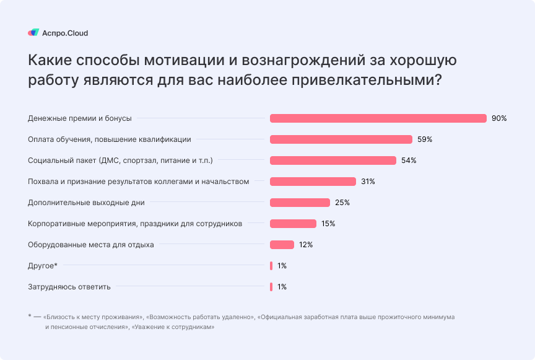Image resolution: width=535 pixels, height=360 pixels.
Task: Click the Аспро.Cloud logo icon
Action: pos(33,33)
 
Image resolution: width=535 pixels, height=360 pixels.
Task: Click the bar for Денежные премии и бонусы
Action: pos(378,118)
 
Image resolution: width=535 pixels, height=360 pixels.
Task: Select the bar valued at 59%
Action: pos(341,139)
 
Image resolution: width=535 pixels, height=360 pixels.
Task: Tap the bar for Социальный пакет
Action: pos(333,160)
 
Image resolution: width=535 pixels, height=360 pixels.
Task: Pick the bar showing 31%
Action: pos(313,182)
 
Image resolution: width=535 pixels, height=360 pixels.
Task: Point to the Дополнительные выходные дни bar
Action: pos(300,203)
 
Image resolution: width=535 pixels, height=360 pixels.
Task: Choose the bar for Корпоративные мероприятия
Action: pos(293,224)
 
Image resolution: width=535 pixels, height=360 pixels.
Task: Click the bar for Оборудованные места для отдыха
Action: pos(282,245)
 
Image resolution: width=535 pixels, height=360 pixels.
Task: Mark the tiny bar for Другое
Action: pos(271,266)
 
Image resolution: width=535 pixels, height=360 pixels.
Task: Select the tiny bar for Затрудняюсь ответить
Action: pos(271,287)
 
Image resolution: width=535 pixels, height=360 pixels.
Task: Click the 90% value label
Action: pos(499,118)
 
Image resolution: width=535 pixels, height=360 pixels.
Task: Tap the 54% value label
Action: pos(409,160)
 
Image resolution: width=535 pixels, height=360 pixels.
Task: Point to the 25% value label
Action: pos(342,203)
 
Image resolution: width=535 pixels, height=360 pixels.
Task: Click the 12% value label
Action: pos(306,245)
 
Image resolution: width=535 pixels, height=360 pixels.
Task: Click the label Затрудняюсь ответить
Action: pos(70,287)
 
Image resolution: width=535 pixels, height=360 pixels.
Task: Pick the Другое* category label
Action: pos(43,266)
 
